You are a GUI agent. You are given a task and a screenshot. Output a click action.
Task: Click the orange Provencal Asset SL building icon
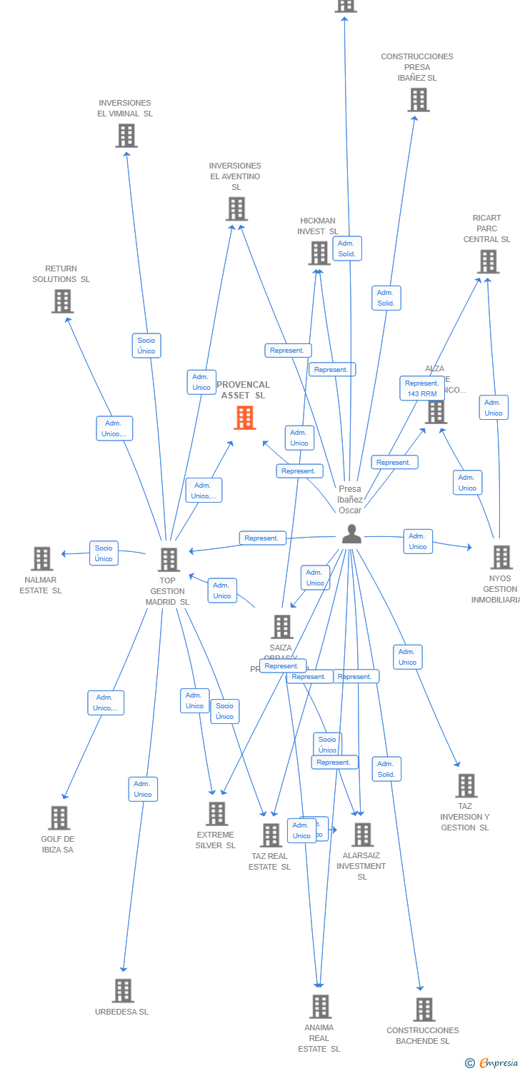(244, 418)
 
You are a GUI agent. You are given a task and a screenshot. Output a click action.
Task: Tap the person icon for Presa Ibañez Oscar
(351, 534)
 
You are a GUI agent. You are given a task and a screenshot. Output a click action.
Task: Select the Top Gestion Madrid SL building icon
(169, 560)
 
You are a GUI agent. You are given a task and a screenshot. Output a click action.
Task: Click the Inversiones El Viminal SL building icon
(126, 136)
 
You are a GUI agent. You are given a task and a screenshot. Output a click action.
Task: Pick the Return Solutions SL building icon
(63, 301)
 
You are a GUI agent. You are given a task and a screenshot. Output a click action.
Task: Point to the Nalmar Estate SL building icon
(42, 558)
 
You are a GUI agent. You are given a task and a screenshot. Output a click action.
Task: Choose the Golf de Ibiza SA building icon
(59, 818)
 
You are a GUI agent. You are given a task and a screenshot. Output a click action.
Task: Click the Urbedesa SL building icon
(123, 990)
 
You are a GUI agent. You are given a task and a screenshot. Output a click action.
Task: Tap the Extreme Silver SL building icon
(216, 813)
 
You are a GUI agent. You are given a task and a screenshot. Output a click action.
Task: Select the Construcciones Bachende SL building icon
(424, 1009)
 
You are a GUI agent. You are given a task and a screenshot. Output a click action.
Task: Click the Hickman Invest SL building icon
(319, 253)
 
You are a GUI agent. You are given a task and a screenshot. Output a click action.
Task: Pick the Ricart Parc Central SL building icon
(488, 261)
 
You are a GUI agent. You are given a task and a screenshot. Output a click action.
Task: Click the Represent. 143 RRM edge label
(421, 388)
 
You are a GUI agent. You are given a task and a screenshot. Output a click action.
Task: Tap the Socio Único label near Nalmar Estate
(104, 553)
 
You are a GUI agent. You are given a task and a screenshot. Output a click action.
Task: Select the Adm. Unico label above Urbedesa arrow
(143, 789)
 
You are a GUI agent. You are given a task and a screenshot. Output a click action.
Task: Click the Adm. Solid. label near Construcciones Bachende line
(386, 769)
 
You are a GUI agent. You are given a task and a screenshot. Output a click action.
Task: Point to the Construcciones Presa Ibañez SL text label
(417, 67)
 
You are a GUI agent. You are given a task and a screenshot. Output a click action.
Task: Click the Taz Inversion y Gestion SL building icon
(466, 785)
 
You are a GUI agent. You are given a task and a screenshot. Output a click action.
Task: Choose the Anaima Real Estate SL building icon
(320, 1006)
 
